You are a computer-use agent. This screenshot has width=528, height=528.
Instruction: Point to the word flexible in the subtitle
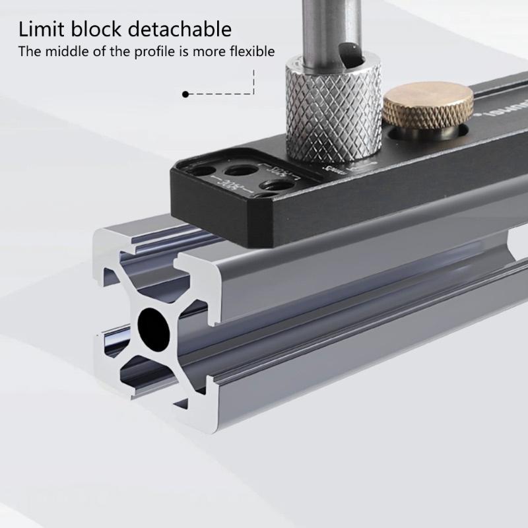(251, 51)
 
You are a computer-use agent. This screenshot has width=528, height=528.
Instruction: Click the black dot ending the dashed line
(185, 94)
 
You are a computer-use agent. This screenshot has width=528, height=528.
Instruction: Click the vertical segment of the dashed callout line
(253, 81)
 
